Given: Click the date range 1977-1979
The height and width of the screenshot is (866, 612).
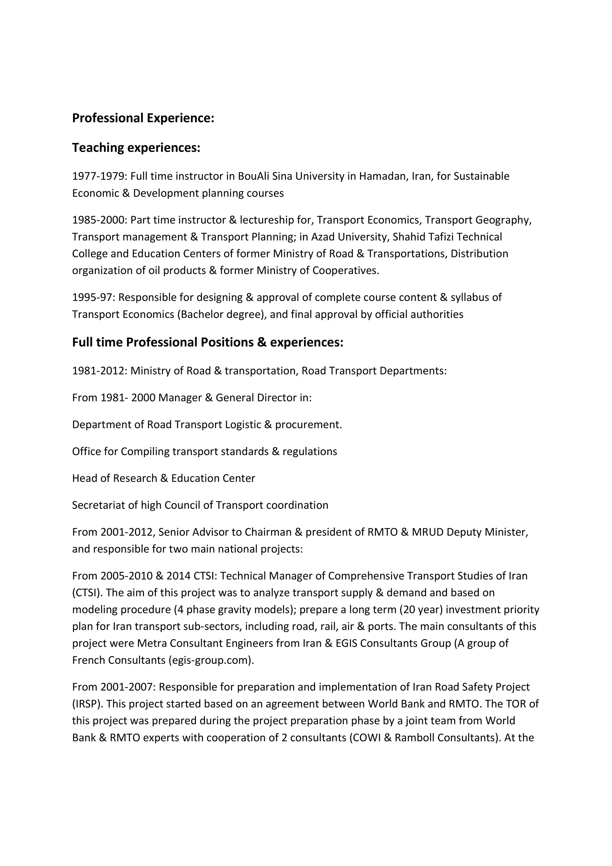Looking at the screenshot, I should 99,176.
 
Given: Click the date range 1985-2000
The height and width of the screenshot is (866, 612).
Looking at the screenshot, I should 99,220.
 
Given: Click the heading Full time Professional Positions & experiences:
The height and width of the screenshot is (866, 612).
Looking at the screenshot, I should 207,342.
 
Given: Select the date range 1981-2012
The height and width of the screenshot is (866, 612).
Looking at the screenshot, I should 99,371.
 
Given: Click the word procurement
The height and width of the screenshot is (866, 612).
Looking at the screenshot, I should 308,425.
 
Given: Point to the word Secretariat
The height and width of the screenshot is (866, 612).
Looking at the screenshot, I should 98,505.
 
